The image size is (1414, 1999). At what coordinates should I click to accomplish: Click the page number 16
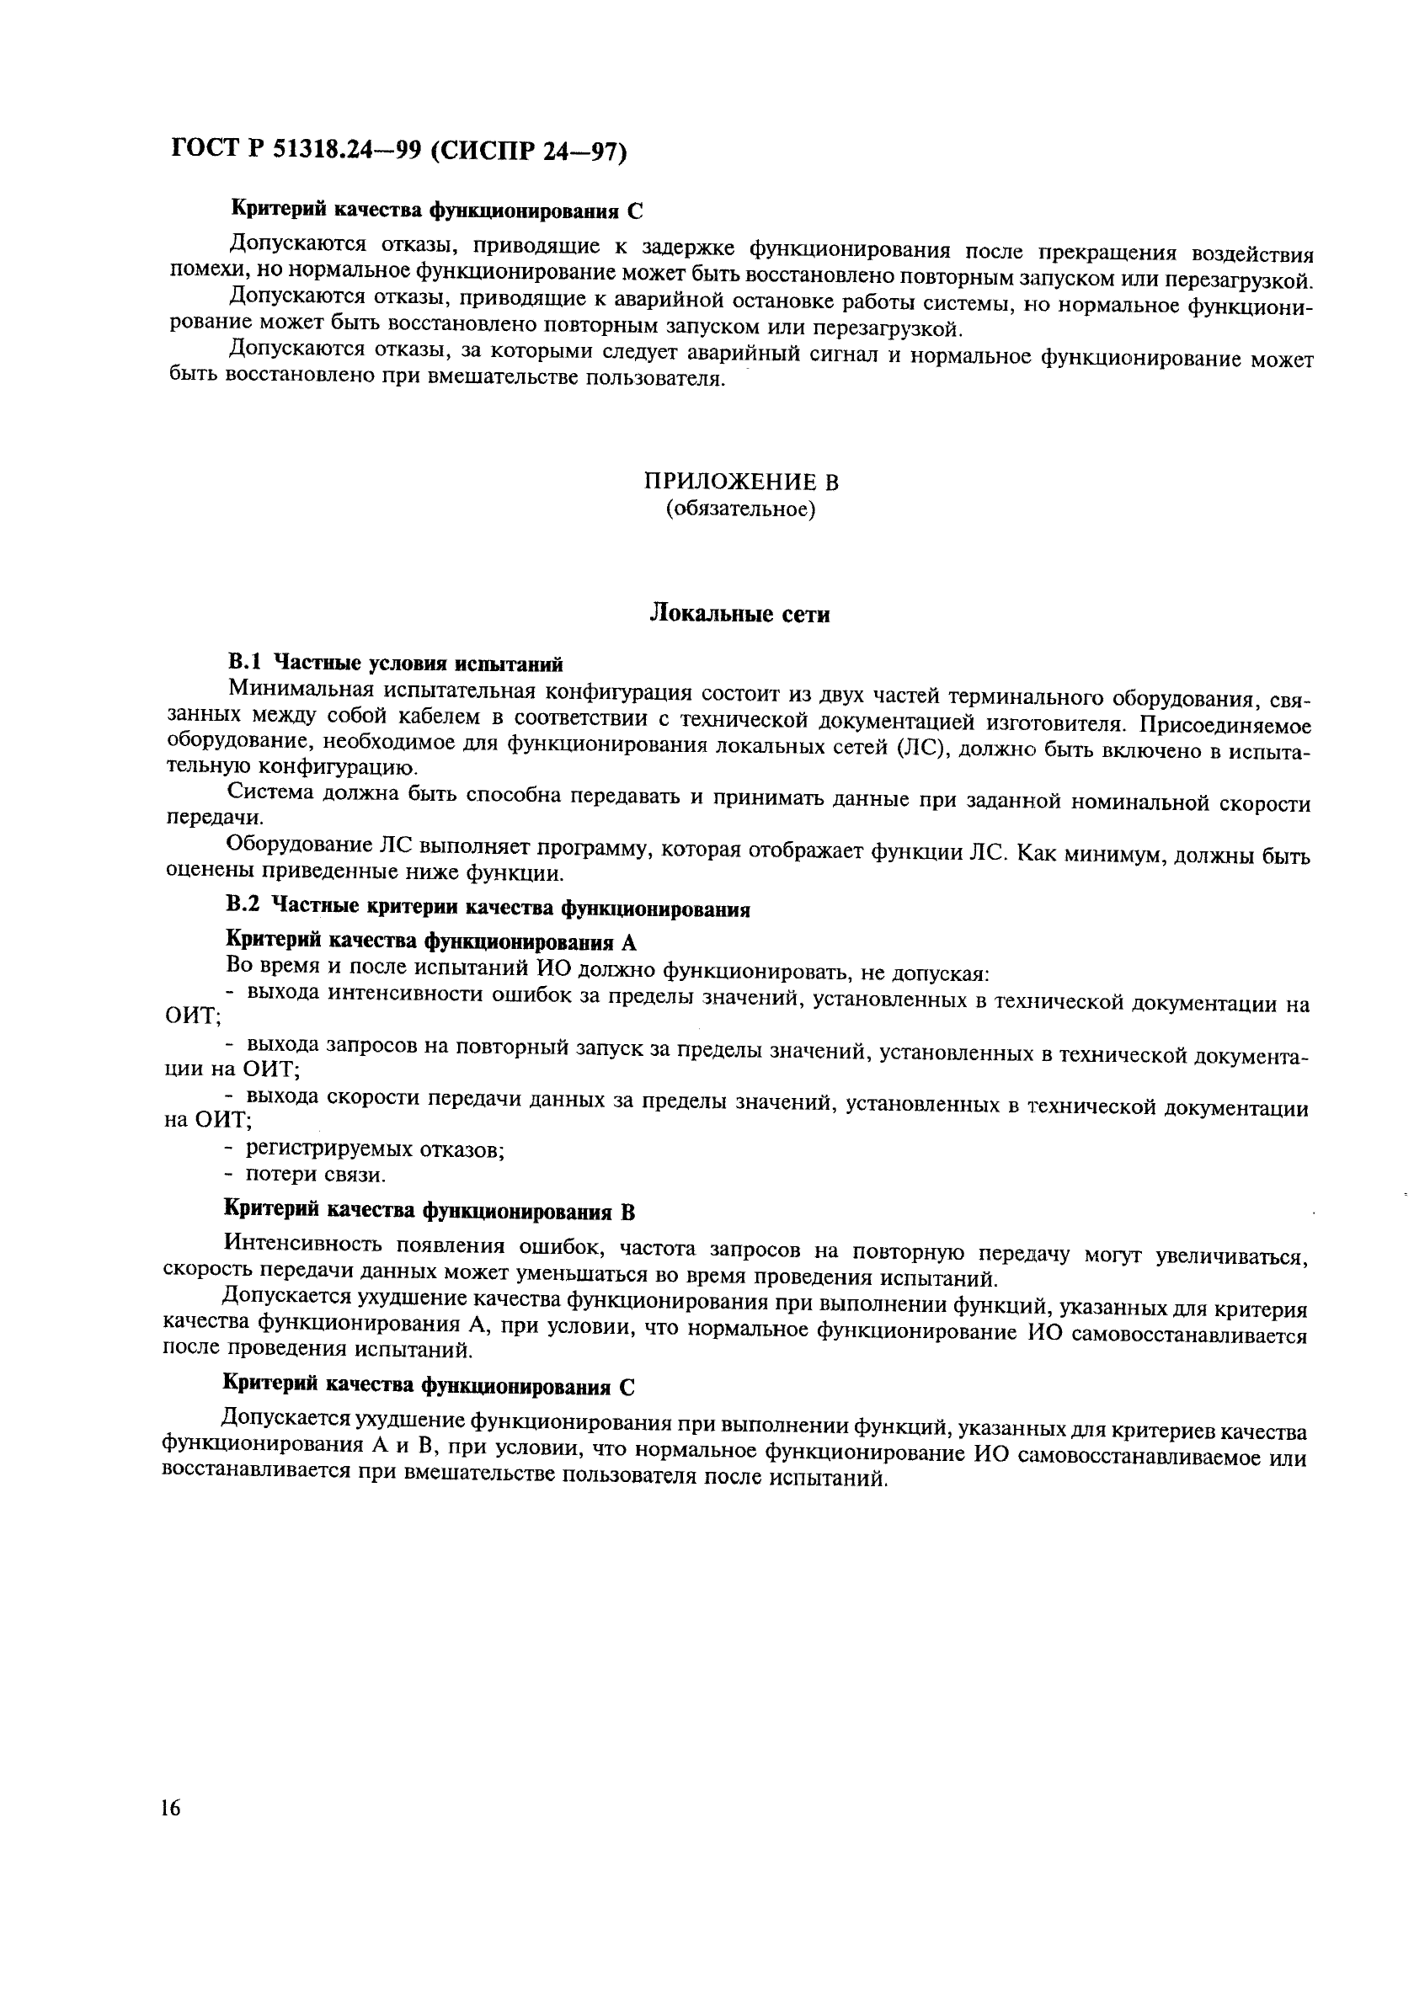pos(171,1809)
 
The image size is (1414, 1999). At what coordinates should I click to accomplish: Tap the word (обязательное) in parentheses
pos(741,509)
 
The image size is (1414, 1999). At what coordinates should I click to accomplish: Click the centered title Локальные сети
pos(740,614)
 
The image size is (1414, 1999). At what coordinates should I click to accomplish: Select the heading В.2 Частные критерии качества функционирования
pos(488,907)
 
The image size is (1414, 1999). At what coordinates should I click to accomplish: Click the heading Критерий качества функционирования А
pos(431,941)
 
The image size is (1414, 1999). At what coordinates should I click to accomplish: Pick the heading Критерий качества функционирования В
pos(430,1211)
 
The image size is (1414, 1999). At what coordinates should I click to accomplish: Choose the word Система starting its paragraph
pos(272,793)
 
